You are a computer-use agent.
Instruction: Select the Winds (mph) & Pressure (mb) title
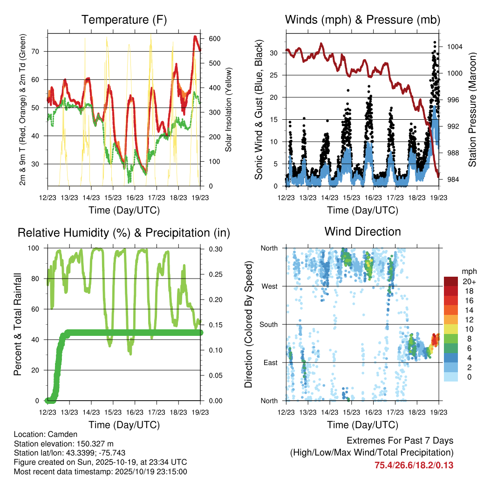pyautogui.click(x=362, y=20)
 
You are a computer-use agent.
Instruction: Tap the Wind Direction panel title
pyautogui.click(x=362, y=232)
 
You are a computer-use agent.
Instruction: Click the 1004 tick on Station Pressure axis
pyautogui.click(x=454, y=47)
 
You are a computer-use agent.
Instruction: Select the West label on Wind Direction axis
pyautogui.click(x=269, y=286)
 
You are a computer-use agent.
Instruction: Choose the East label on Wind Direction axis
pyautogui.click(x=269, y=363)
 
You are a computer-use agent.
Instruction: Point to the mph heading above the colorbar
pyautogui.click(x=468, y=271)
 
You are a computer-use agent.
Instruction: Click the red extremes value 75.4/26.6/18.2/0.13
pyautogui.click(x=414, y=465)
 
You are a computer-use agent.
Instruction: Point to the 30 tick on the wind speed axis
pyautogui.click(x=275, y=53)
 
